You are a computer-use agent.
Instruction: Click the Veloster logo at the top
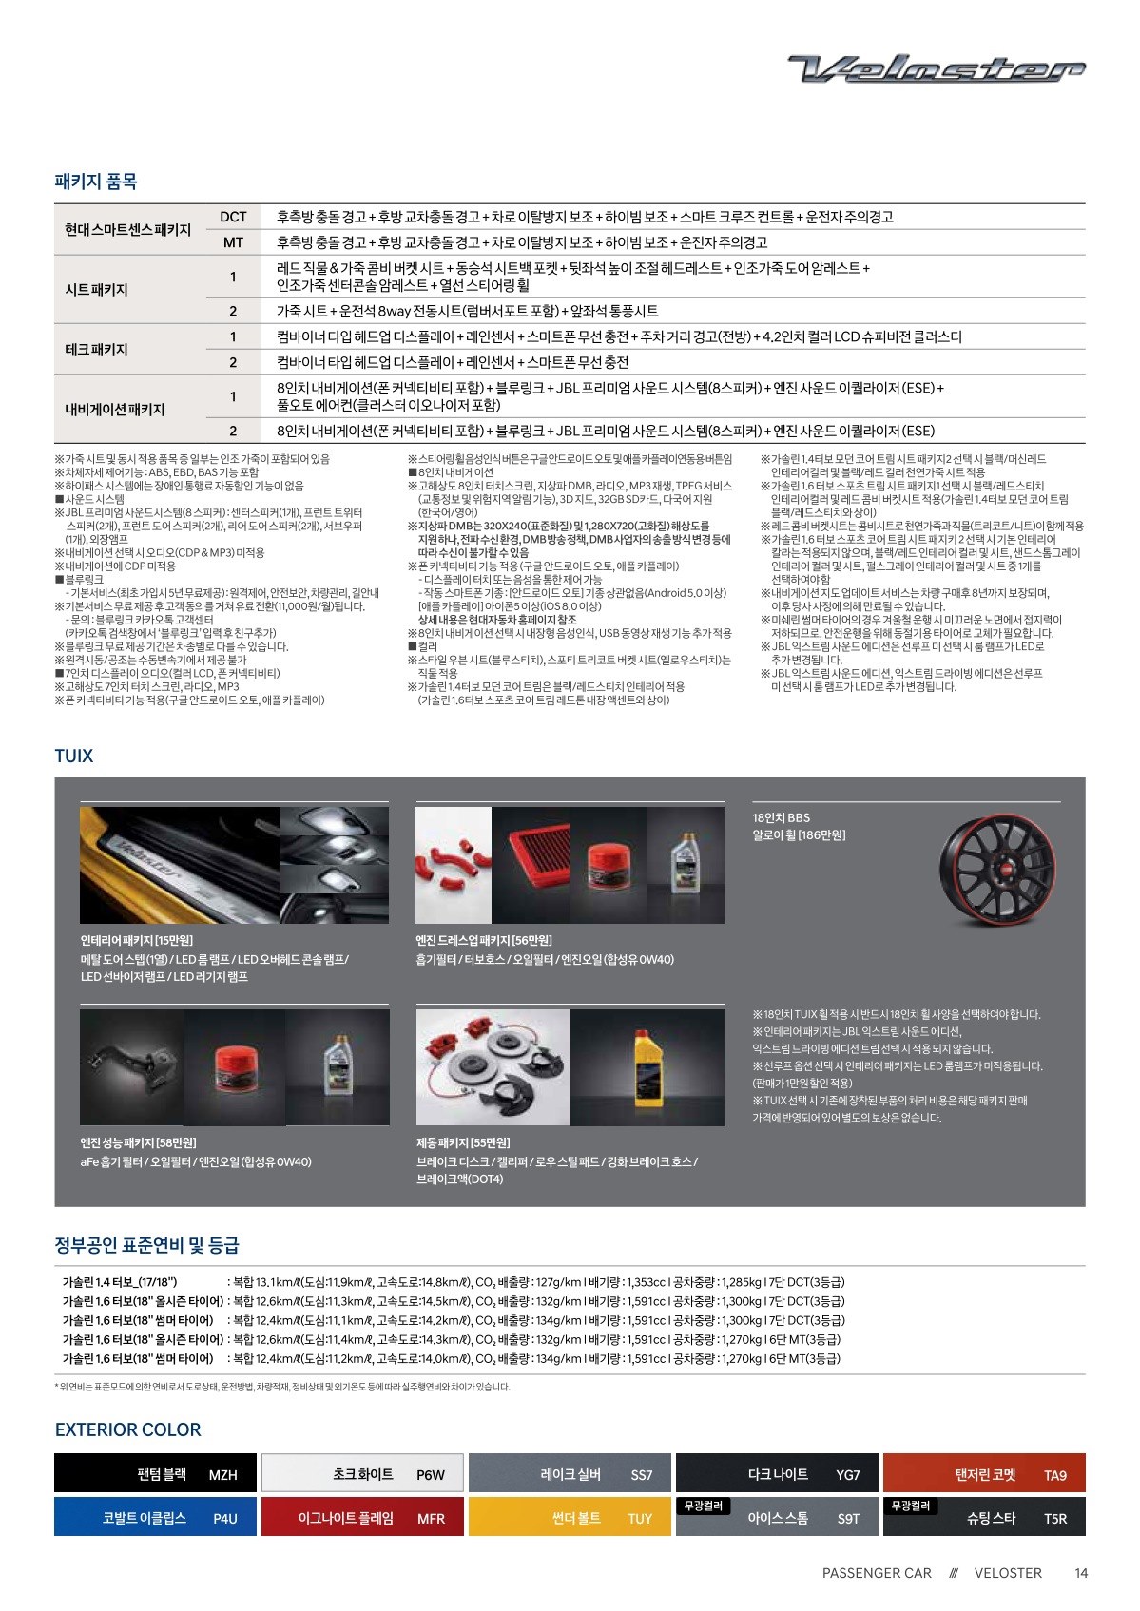tap(936, 68)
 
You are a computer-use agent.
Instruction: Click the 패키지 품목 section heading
tap(96, 181)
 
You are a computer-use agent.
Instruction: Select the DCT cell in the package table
tap(233, 217)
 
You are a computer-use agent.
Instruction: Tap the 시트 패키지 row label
tap(96, 289)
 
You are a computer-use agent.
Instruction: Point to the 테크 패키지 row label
tap(96, 349)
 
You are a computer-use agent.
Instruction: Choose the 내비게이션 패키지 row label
tap(114, 409)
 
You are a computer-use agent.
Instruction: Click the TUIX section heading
tap(74, 756)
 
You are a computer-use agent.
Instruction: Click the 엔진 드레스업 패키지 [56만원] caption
tap(483, 940)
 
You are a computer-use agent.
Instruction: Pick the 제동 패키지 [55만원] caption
tap(462, 1142)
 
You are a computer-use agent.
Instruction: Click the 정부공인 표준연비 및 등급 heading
tap(147, 1244)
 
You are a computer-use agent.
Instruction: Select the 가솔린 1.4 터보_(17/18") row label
tap(120, 1282)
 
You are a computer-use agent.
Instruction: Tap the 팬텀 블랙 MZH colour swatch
tap(155, 1473)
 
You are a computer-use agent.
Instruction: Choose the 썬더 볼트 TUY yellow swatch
tap(570, 1517)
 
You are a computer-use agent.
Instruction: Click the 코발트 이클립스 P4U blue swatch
tap(155, 1517)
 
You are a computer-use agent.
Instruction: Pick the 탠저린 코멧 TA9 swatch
tap(984, 1473)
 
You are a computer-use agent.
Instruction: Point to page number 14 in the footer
tap(1081, 1573)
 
